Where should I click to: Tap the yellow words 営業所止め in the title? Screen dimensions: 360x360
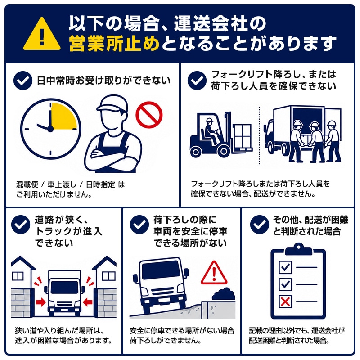click(x=114, y=43)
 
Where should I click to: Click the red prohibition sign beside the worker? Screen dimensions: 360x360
click(x=149, y=115)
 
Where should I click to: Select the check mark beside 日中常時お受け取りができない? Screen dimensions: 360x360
click(x=23, y=81)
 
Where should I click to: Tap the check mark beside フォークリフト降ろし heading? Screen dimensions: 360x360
click(x=197, y=81)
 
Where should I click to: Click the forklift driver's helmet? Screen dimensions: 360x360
click(x=209, y=120)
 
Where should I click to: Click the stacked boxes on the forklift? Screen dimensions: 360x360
click(x=243, y=136)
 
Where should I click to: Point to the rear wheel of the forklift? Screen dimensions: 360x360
click(x=196, y=152)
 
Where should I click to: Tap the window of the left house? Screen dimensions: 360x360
click(x=18, y=276)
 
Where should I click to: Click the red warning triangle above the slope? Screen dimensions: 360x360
click(x=214, y=273)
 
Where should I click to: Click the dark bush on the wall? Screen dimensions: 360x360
click(x=223, y=295)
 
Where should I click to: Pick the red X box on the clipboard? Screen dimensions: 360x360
click(x=285, y=301)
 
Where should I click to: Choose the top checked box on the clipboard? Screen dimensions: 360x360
click(x=285, y=267)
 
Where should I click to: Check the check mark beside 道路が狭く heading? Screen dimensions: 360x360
click(x=21, y=225)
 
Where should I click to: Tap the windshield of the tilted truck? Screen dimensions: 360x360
click(x=161, y=270)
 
